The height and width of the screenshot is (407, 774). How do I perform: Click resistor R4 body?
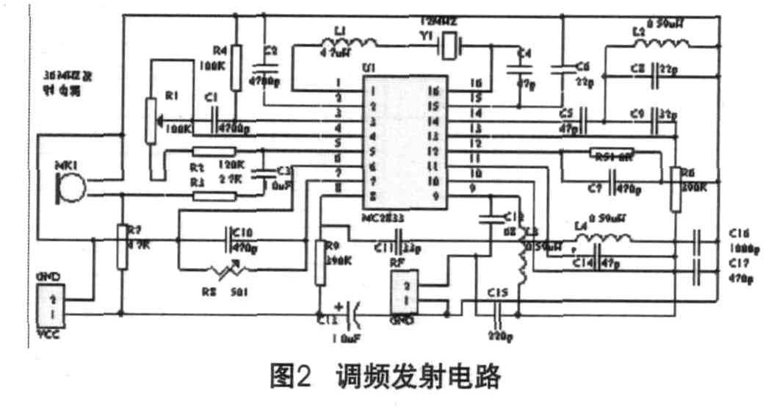click(x=236, y=67)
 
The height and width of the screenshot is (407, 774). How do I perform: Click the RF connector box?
click(x=406, y=292)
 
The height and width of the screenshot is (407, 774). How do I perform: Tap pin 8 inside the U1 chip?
click(x=374, y=196)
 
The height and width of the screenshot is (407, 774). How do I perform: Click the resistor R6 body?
click(x=676, y=188)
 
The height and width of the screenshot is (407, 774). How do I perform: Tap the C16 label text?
click(x=741, y=234)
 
